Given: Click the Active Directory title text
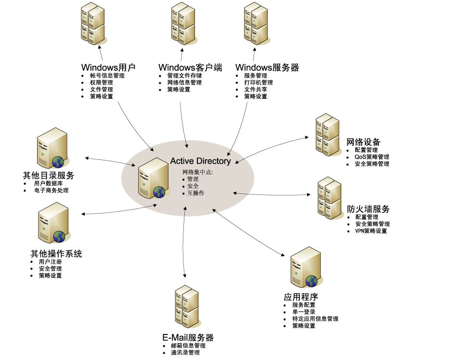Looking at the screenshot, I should coord(200,161).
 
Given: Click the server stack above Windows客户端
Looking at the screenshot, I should coord(183,24).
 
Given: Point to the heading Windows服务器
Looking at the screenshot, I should coord(267,67).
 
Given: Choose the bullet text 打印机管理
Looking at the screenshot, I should coord(259,82).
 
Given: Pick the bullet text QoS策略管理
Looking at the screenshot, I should coord(372,157).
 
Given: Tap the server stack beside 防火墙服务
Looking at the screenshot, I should coord(329,198).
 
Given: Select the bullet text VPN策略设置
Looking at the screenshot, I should coord(371,231).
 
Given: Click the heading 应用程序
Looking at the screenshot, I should coord(301,297).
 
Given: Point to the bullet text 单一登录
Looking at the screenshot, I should coord(304,312).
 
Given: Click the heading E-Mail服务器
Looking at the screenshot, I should coord(188,337).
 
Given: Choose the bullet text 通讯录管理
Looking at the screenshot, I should coord(185,353).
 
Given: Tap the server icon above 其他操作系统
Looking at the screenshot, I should coord(52,223).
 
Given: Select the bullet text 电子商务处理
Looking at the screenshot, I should coord(51,190).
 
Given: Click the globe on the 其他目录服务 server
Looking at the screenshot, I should coord(59,162).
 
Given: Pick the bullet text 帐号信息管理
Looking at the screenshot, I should coord(107,76).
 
